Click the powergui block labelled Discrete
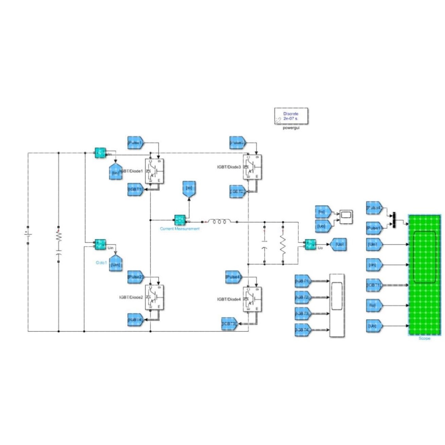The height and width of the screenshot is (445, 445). (291, 116)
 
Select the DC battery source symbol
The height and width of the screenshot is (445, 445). (28, 235)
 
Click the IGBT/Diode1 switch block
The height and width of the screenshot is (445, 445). (155, 171)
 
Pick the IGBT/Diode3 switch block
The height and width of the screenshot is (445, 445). (252, 167)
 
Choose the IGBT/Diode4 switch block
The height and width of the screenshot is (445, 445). (252, 299)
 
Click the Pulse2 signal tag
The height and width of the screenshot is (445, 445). (135, 277)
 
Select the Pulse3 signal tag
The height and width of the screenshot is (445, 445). (237, 143)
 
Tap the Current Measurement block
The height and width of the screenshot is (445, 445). (180, 220)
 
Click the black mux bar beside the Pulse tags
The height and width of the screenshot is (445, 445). (394, 220)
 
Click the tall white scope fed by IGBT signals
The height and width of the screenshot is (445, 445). (337, 305)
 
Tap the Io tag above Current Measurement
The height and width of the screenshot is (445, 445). (189, 189)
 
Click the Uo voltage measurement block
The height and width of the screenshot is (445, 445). (310, 244)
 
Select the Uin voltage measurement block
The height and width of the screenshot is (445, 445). (100, 244)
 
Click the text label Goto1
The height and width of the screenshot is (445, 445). (101, 263)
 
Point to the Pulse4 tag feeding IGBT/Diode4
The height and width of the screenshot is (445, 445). (233, 277)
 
